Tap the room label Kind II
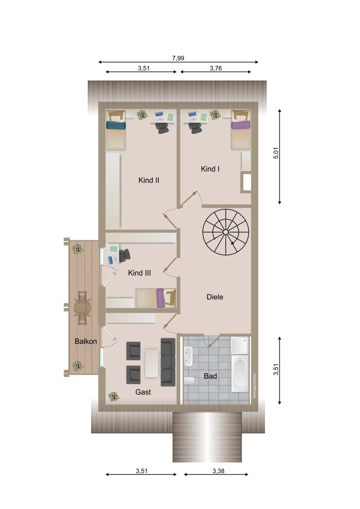[149, 180]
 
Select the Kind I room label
[210, 169]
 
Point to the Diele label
[215, 297]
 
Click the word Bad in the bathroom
[211, 376]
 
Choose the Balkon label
[86, 341]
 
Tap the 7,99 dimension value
[178, 58]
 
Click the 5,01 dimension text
[276, 154]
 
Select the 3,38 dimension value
[218, 471]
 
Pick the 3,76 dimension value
[216, 68]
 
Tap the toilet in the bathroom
[189, 380]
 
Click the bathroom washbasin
[189, 356]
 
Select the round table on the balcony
[82, 308]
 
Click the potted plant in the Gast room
[114, 397]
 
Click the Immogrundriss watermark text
[254, 386]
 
